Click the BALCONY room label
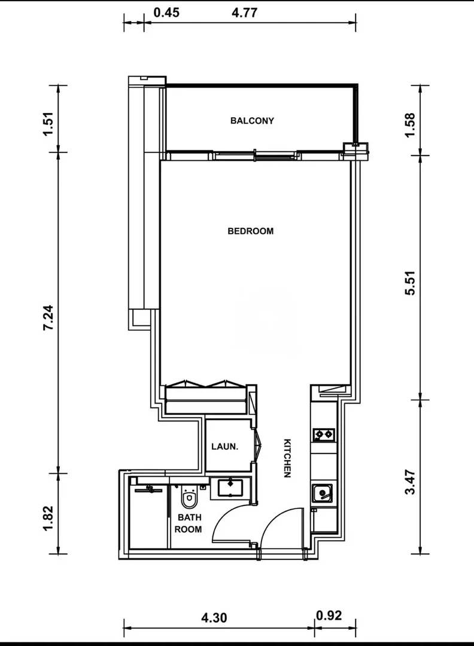point(252,121)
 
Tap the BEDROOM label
point(251,231)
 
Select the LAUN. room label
point(224,447)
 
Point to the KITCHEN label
point(287,458)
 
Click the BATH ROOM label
point(189,523)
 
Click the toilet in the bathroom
point(189,497)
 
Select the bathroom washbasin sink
point(230,488)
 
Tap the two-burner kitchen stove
point(324,435)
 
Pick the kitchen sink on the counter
point(322,493)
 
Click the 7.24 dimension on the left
point(48,317)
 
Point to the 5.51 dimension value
point(411,282)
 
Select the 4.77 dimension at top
point(244,13)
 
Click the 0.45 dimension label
point(166,13)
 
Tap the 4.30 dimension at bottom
point(214,618)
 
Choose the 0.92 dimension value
point(329,615)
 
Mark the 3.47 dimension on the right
point(411,482)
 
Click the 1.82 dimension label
point(48,518)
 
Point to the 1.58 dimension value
point(411,125)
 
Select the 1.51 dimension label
point(48,124)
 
